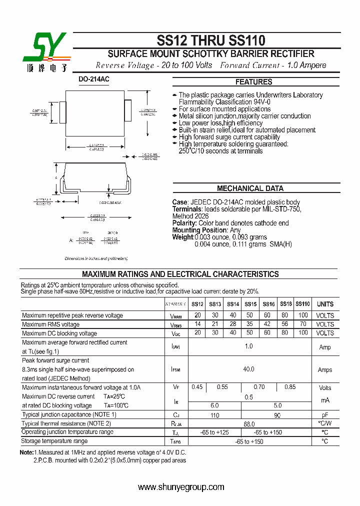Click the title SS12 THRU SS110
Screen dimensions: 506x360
pyautogui.click(x=211, y=40)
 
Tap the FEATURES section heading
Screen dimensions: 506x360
pyautogui.click(x=254, y=82)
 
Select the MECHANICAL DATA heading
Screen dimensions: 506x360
pyautogui.click(x=250, y=188)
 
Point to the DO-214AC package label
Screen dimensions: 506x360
pyautogui.click(x=93, y=79)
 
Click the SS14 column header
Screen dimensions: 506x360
pyautogui.click(x=233, y=304)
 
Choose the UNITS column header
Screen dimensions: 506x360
pyautogui.click(x=325, y=304)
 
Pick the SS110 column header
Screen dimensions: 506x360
pyautogui.click(x=302, y=304)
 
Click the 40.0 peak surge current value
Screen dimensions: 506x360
pyautogui.click(x=248, y=369)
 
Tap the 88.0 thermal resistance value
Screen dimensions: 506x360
pyautogui.click(x=248, y=423)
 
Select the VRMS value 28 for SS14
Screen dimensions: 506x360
pyautogui.click(x=233, y=324)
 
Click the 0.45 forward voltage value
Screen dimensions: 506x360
pyautogui.click(x=197, y=387)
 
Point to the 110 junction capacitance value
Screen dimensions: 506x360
pyautogui.click(x=215, y=414)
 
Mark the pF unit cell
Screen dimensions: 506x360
pyautogui.click(x=325, y=414)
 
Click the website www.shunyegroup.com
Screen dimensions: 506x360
pyautogui.click(x=181, y=487)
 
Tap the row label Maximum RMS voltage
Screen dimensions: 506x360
pyautogui.click(x=50, y=324)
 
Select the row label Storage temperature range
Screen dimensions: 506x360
pyautogui.click(x=54, y=441)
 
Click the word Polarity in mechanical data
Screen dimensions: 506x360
pyautogui.click(x=184, y=223)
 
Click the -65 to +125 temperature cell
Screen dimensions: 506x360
pyautogui.click(x=215, y=432)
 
